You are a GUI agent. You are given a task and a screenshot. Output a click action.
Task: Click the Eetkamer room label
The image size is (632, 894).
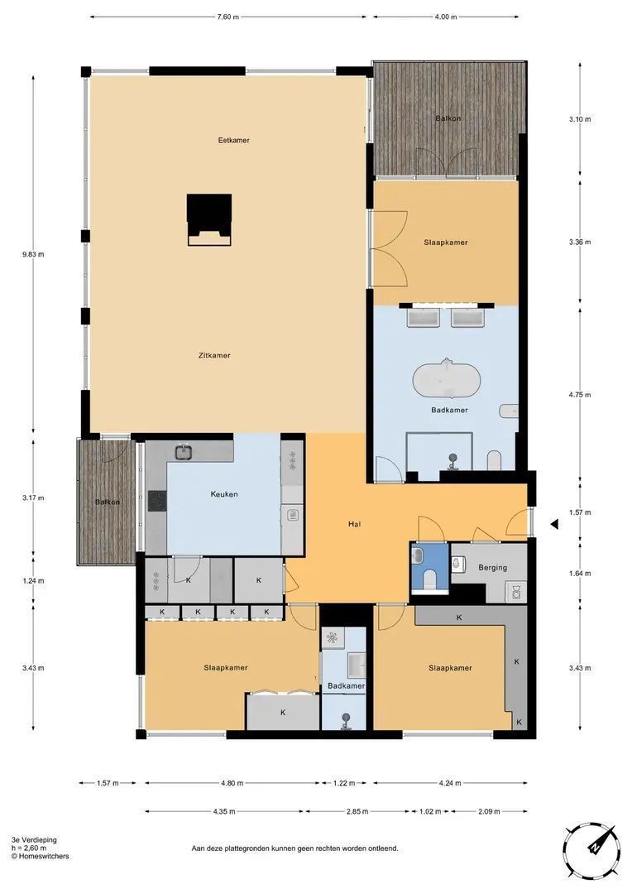tap(233, 140)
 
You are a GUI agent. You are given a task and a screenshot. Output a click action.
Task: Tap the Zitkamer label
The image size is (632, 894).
tap(214, 356)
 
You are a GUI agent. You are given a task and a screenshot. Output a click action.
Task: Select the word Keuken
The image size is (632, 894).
tap(224, 494)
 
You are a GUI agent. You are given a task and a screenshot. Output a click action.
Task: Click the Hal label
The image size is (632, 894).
tap(355, 524)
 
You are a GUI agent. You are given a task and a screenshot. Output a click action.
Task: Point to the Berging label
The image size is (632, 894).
tap(493, 568)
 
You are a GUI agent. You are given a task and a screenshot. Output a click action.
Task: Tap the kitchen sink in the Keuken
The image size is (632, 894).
tap(183, 452)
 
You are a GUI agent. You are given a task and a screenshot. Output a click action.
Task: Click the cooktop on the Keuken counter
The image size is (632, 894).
tap(156, 501)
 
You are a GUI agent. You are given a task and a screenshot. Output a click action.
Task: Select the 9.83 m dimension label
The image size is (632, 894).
tap(33, 254)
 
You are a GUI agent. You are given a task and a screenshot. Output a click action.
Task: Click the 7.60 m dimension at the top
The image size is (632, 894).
tap(227, 17)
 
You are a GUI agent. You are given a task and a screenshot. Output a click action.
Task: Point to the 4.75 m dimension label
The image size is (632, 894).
tap(580, 395)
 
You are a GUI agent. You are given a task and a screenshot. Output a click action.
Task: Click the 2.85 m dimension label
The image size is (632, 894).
tap(357, 811)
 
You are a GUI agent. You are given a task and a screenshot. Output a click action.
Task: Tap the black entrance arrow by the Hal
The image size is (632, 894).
tap(553, 525)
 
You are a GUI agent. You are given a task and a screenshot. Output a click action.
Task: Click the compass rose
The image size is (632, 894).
tap(591, 850)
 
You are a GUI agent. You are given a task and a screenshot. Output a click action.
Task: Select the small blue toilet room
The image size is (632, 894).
tap(430, 569)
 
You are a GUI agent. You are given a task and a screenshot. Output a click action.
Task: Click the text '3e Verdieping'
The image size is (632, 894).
tap(34, 840)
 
